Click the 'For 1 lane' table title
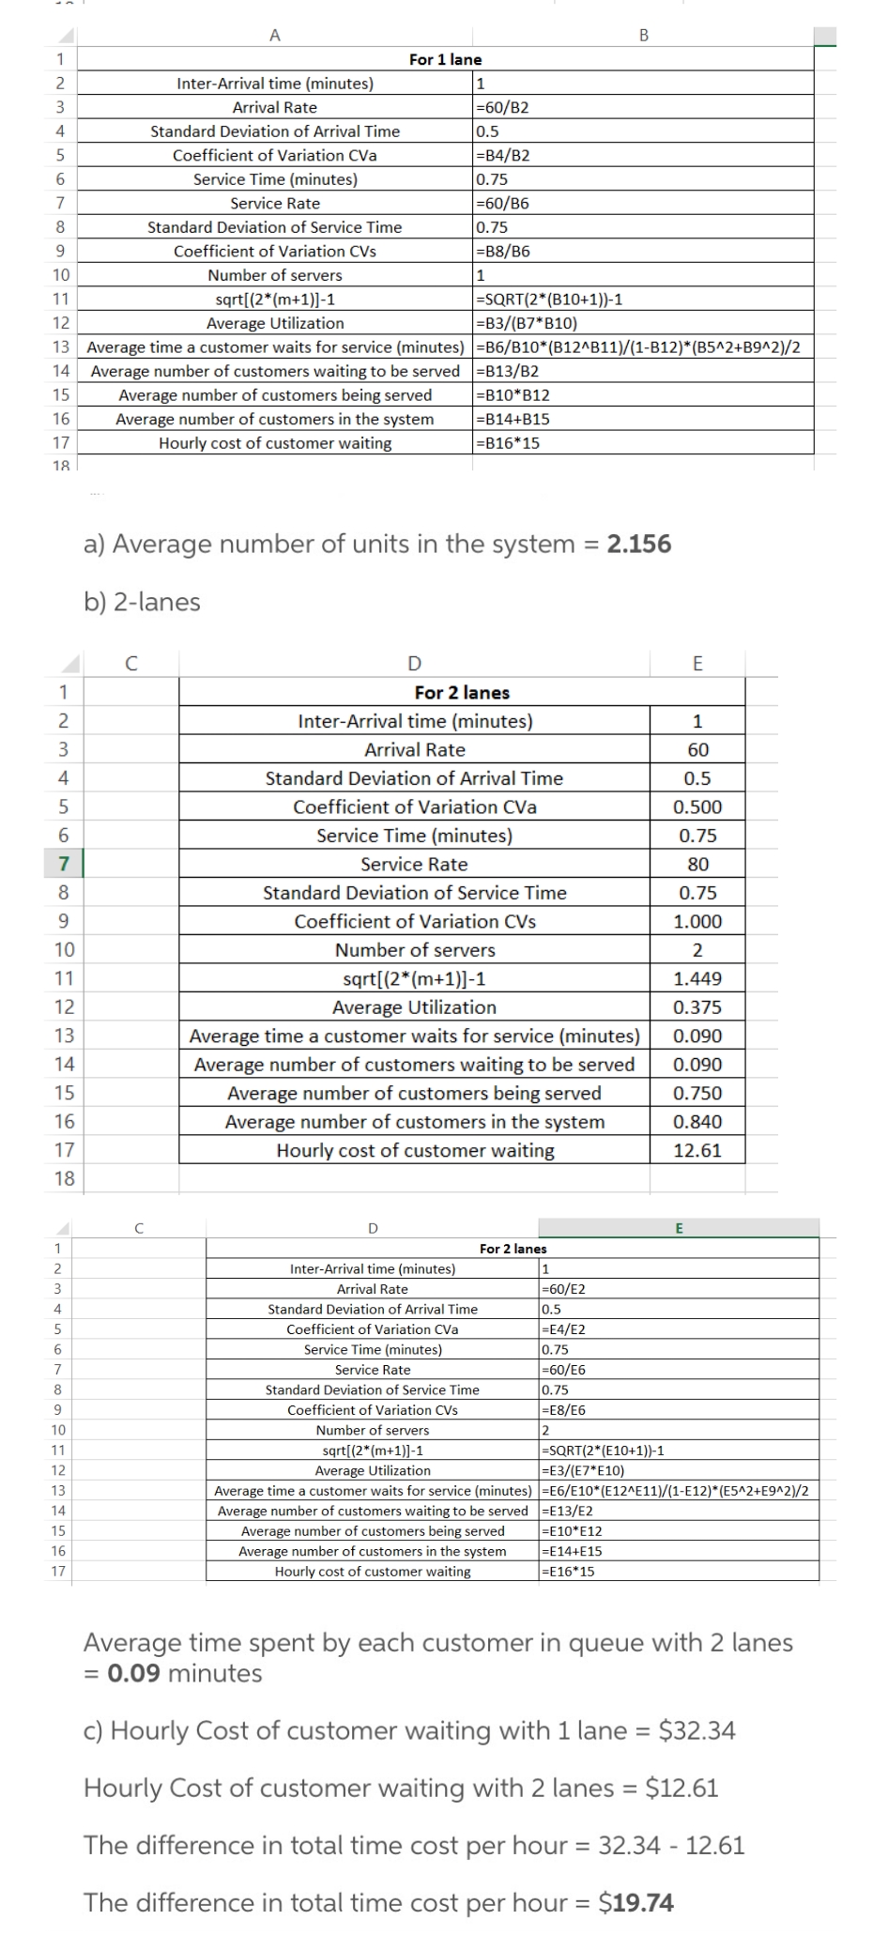click(x=445, y=59)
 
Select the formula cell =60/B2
click(x=503, y=107)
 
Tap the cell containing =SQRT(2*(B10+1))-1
click(x=550, y=299)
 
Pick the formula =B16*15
click(x=509, y=443)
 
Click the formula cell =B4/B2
click(x=504, y=155)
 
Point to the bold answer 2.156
click(x=638, y=544)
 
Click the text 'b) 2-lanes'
click(x=142, y=602)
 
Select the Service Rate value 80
click(x=697, y=864)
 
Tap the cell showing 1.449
click(x=697, y=978)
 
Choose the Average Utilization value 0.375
click(x=697, y=1007)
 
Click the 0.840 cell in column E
click(x=697, y=1122)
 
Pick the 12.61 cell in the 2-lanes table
click(x=697, y=1150)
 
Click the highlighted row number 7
click(x=64, y=864)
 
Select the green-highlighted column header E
click(x=679, y=1228)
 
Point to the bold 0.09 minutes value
click(x=134, y=1673)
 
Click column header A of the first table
click(x=275, y=36)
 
